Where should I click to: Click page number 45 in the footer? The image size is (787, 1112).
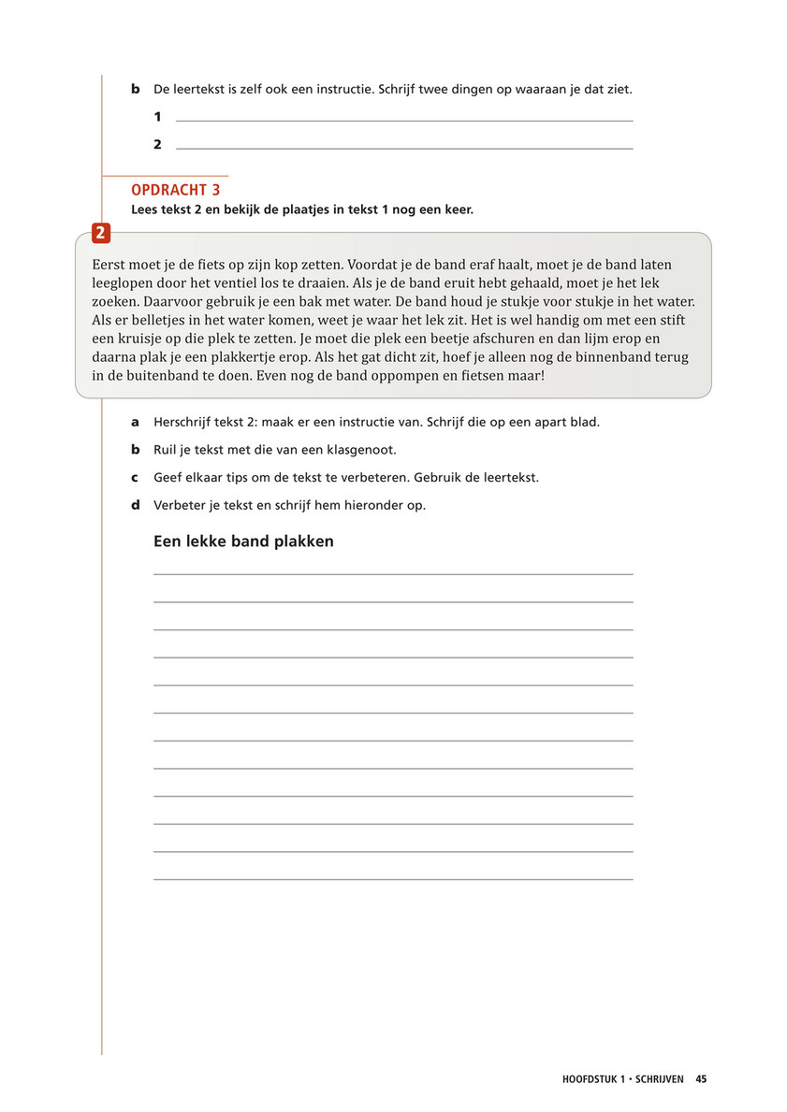(x=701, y=1078)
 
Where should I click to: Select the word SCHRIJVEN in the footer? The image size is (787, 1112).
(x=661, y=1078)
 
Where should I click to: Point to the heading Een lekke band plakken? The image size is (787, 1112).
(x=243, y=542)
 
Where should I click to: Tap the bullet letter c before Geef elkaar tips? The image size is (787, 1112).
(x=135, y=477)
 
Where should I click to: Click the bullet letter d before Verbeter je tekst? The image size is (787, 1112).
(x=135, y=505)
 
